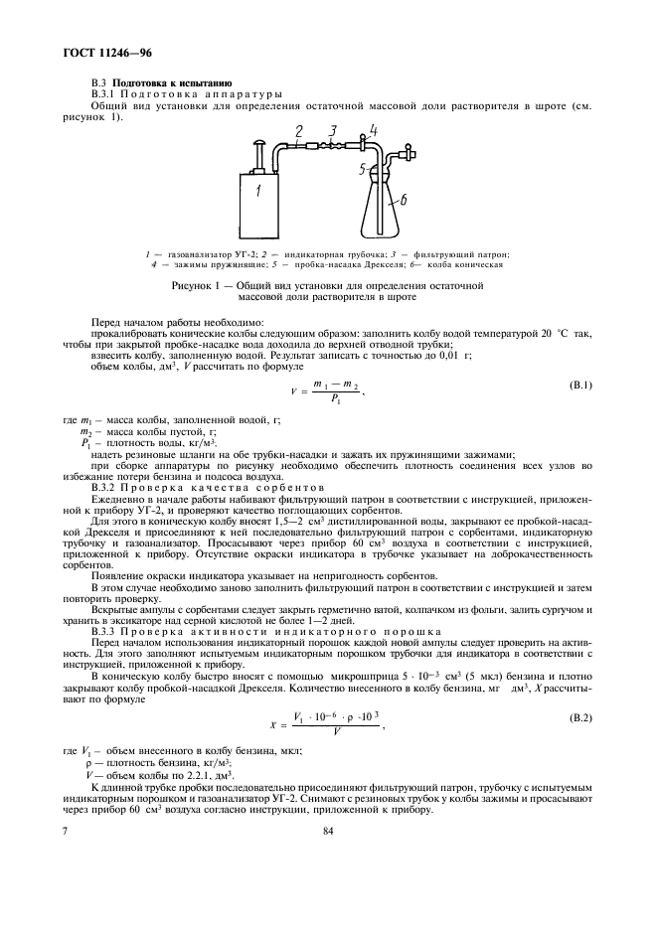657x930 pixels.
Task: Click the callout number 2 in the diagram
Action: click(x=299, y=130)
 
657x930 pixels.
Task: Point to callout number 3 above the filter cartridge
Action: click(x=334, y=131)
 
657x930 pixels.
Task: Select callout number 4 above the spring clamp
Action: click(x=373, y=129)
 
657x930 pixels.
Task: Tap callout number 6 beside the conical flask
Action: click(x=403, y=200)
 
